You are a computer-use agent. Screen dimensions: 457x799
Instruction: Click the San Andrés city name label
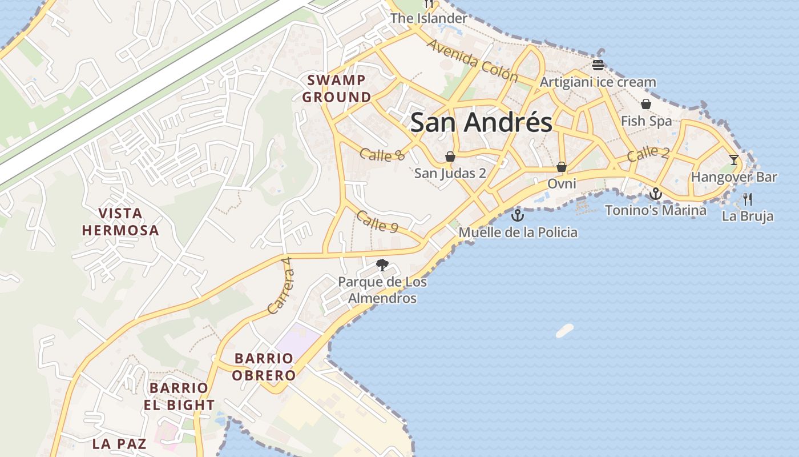pos(481,123)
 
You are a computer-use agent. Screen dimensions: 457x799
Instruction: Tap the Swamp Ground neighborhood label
pos(337,89)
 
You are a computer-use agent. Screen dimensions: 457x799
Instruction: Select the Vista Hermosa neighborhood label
pos(120,222)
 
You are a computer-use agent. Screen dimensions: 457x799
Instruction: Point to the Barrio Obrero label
pos(265,367)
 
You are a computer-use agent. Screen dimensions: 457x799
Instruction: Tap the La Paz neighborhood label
pos(119,443)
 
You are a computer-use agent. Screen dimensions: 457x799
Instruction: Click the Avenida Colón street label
pos(472,61)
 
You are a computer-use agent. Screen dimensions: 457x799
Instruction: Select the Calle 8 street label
pos(382,154)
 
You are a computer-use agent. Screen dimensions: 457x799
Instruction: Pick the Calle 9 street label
pos(377,221)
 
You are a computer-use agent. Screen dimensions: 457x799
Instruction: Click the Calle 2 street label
pos(648,154)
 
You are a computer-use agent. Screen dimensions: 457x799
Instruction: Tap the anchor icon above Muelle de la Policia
pos(517,215)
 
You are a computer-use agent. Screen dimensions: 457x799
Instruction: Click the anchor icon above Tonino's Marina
pos(656,194)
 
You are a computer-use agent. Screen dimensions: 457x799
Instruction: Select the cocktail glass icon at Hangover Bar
pos(734,160)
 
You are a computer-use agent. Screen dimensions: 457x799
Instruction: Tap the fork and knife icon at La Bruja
pos(748,199)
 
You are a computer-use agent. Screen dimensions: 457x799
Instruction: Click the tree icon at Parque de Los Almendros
pos(382,264)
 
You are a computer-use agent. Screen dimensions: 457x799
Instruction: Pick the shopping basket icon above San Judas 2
pos(450,157)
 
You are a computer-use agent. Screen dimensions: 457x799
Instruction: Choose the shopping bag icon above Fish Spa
pos(646,104)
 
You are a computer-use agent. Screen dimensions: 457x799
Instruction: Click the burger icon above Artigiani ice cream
pos(598,65)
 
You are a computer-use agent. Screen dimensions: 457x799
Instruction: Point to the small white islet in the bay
pos(564,330)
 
